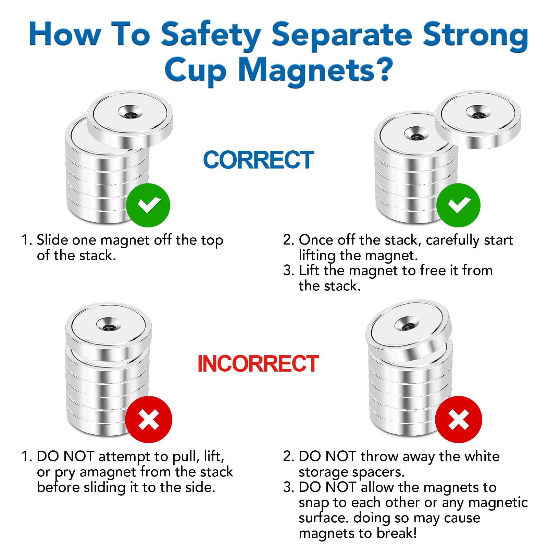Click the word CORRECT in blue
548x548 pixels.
[258, 160]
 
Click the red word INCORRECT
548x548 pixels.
[258, 364]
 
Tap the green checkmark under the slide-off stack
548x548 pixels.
[148, 205]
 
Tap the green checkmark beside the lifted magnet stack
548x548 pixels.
[458, 205]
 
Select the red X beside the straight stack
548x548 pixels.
[148, 420]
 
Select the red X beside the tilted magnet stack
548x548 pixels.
[458, 420]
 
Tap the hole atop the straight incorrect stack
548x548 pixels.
[109, 326]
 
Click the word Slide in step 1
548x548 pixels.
[52, 240]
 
